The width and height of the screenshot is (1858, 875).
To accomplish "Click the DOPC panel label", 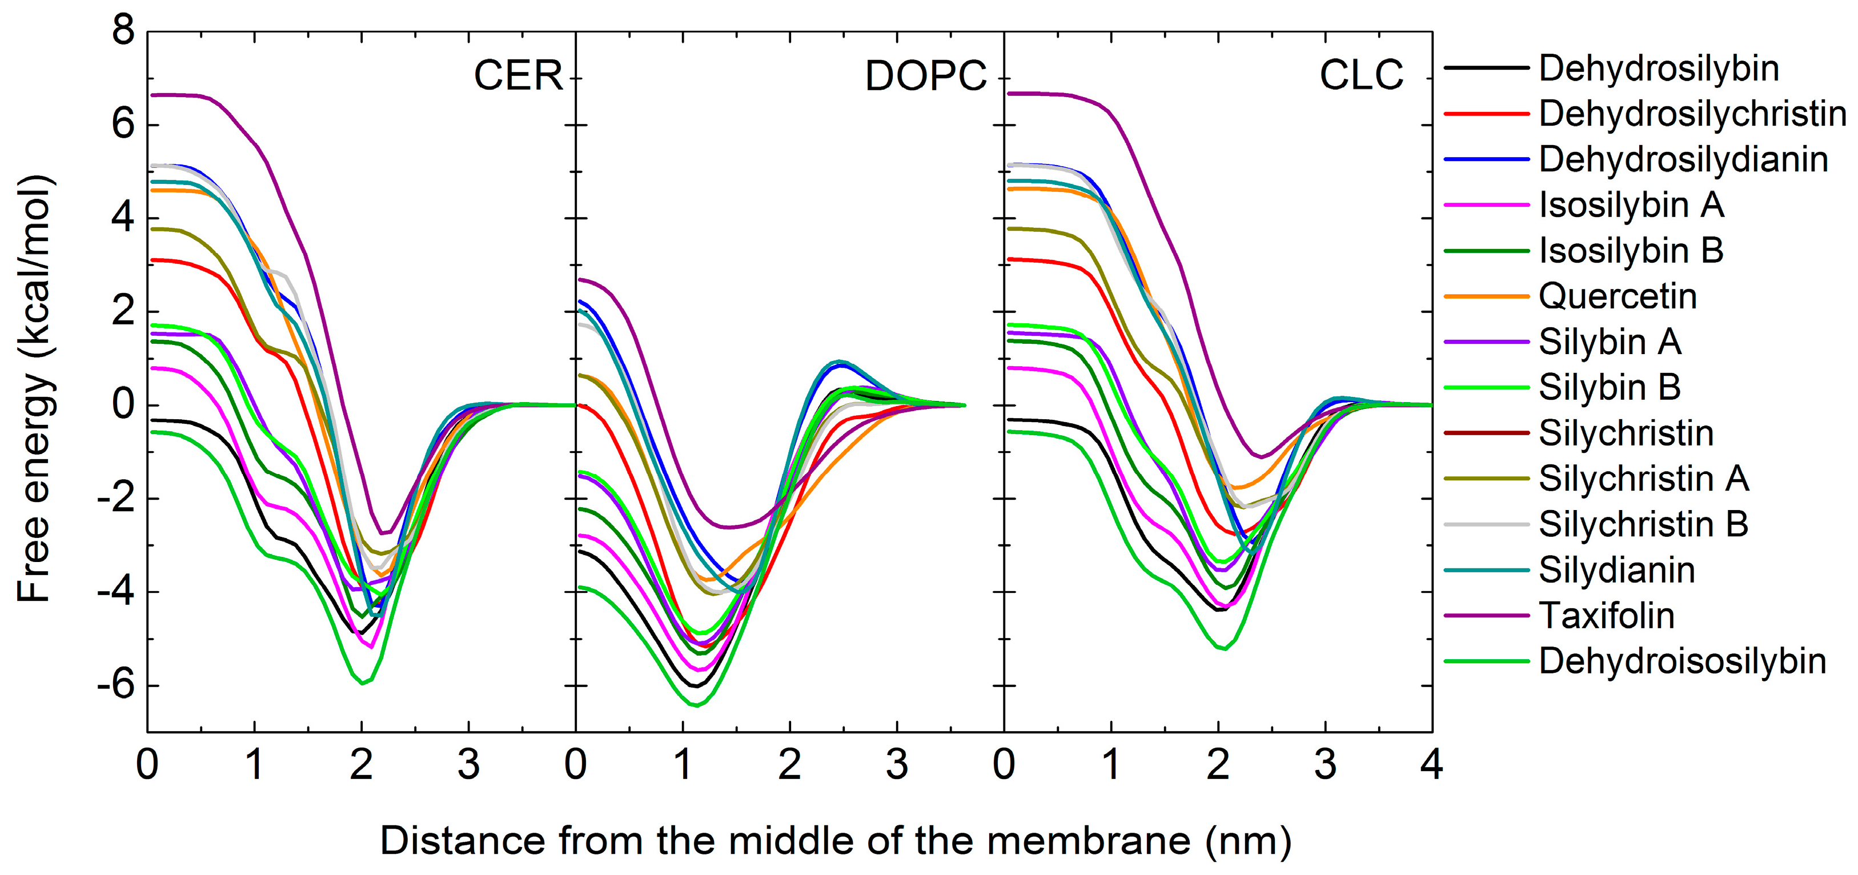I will coord(925,76).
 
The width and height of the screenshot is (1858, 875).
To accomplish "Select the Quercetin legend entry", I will coord(1617,296).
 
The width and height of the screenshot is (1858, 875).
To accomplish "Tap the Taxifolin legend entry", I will coord(1606,616).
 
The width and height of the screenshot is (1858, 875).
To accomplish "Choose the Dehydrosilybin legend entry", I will coord(1658,69).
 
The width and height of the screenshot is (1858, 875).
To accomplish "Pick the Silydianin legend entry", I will coord(1616,571).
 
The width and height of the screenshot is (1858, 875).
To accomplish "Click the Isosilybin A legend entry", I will coord(1631,206).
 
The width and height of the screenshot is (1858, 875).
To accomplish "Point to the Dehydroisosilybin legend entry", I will coord(1682,661).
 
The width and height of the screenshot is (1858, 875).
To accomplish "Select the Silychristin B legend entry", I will coord(1643,524).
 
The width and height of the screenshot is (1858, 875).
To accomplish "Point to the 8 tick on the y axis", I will coord(123,32).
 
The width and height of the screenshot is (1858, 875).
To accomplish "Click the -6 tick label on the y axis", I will coord(115,685).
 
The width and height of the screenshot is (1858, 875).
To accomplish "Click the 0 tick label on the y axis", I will coord(123,405).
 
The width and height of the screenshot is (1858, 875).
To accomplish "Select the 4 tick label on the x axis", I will coord(1431,764).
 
